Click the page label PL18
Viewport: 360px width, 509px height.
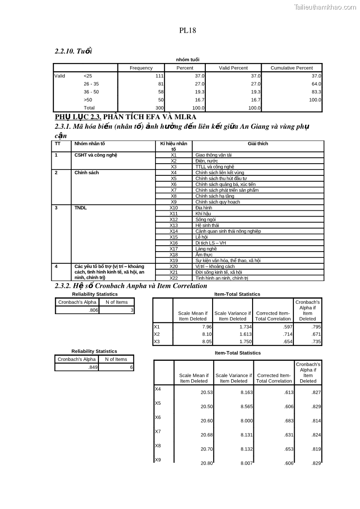[187, 31]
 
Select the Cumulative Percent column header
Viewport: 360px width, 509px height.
[292, 68]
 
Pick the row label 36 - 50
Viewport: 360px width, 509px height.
[91, 92]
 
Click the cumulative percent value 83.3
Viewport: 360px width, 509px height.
[316, 92]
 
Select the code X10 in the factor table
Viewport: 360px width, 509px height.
[174, 208]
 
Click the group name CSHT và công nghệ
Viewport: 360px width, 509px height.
[96, 155]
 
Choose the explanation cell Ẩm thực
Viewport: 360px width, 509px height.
[205, 255]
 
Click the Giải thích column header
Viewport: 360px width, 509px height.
[258, 144]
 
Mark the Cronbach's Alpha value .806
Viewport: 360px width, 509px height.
[92, 310]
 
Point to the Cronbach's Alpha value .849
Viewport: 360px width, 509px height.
[92, 368]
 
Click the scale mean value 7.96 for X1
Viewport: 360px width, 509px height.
[207, 327]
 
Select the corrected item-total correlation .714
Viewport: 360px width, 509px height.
[287, 334]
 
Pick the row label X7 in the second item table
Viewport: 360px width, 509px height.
[158, 431]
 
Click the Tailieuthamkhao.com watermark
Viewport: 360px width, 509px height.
[325, 7]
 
